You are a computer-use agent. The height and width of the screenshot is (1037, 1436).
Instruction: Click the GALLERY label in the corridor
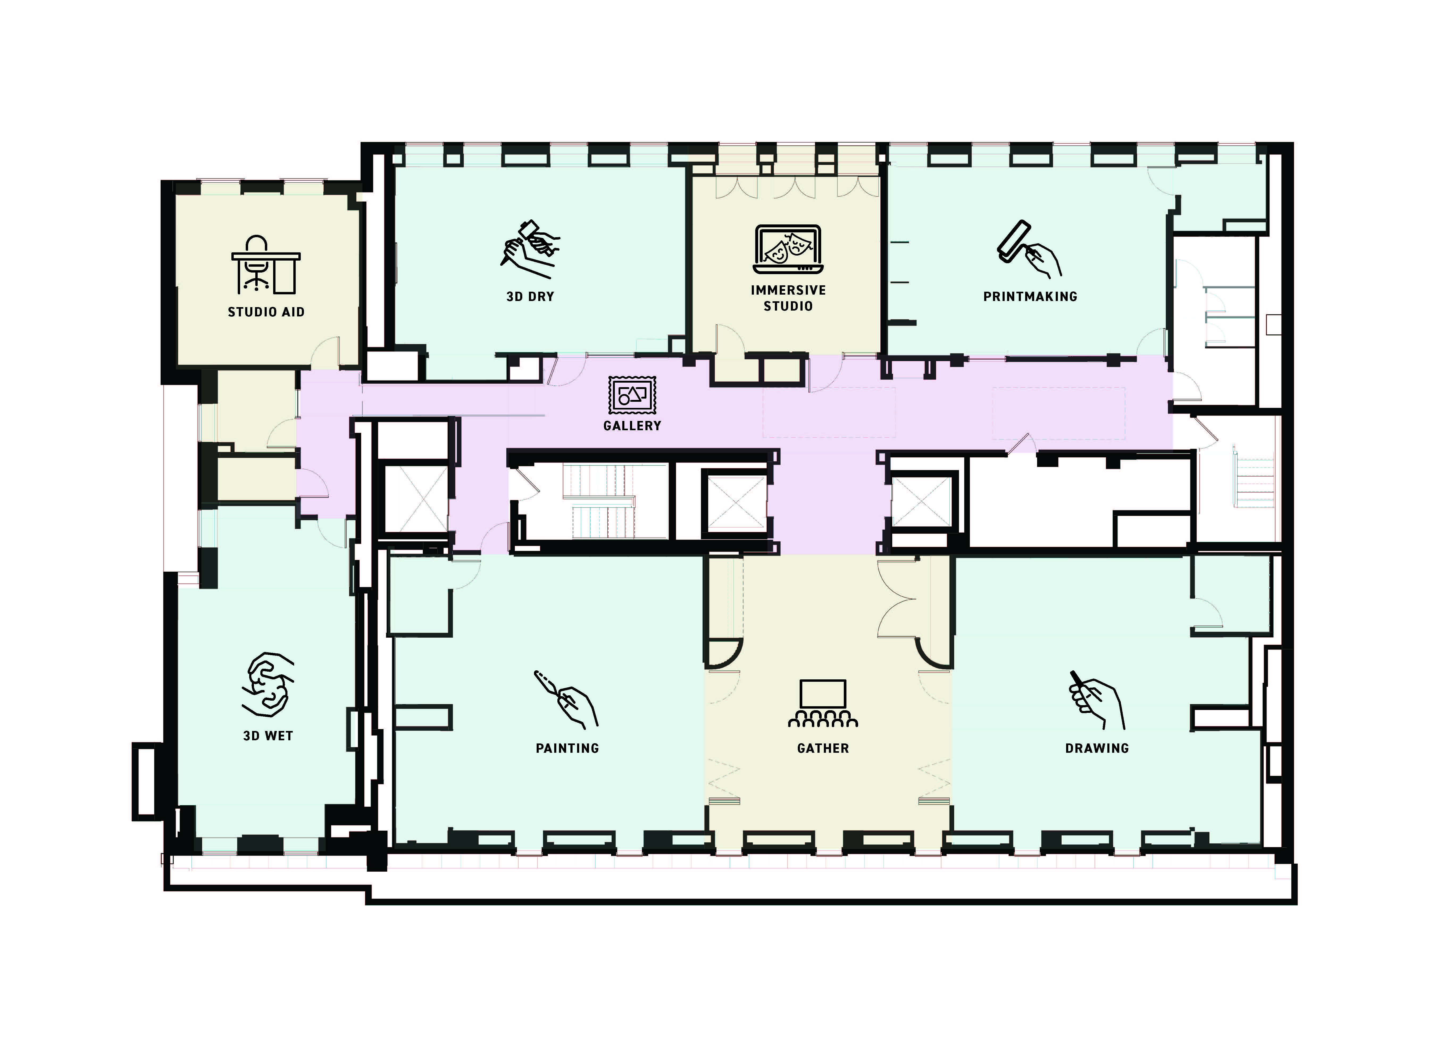click(x=632, y=425)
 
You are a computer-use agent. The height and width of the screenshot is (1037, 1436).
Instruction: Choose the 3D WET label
click(x=268, y=736)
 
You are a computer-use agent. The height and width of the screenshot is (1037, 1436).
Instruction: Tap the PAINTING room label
click(x=567, y=748)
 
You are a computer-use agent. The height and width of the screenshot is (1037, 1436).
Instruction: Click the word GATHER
click(x=823, y=748)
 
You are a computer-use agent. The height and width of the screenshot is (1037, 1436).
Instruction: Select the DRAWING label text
click(x=1097, y=748)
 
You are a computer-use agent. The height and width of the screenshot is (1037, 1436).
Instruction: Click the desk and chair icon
click(x=266, y=265)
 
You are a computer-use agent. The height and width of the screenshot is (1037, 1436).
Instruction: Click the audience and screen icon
click(x=823, y=703)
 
